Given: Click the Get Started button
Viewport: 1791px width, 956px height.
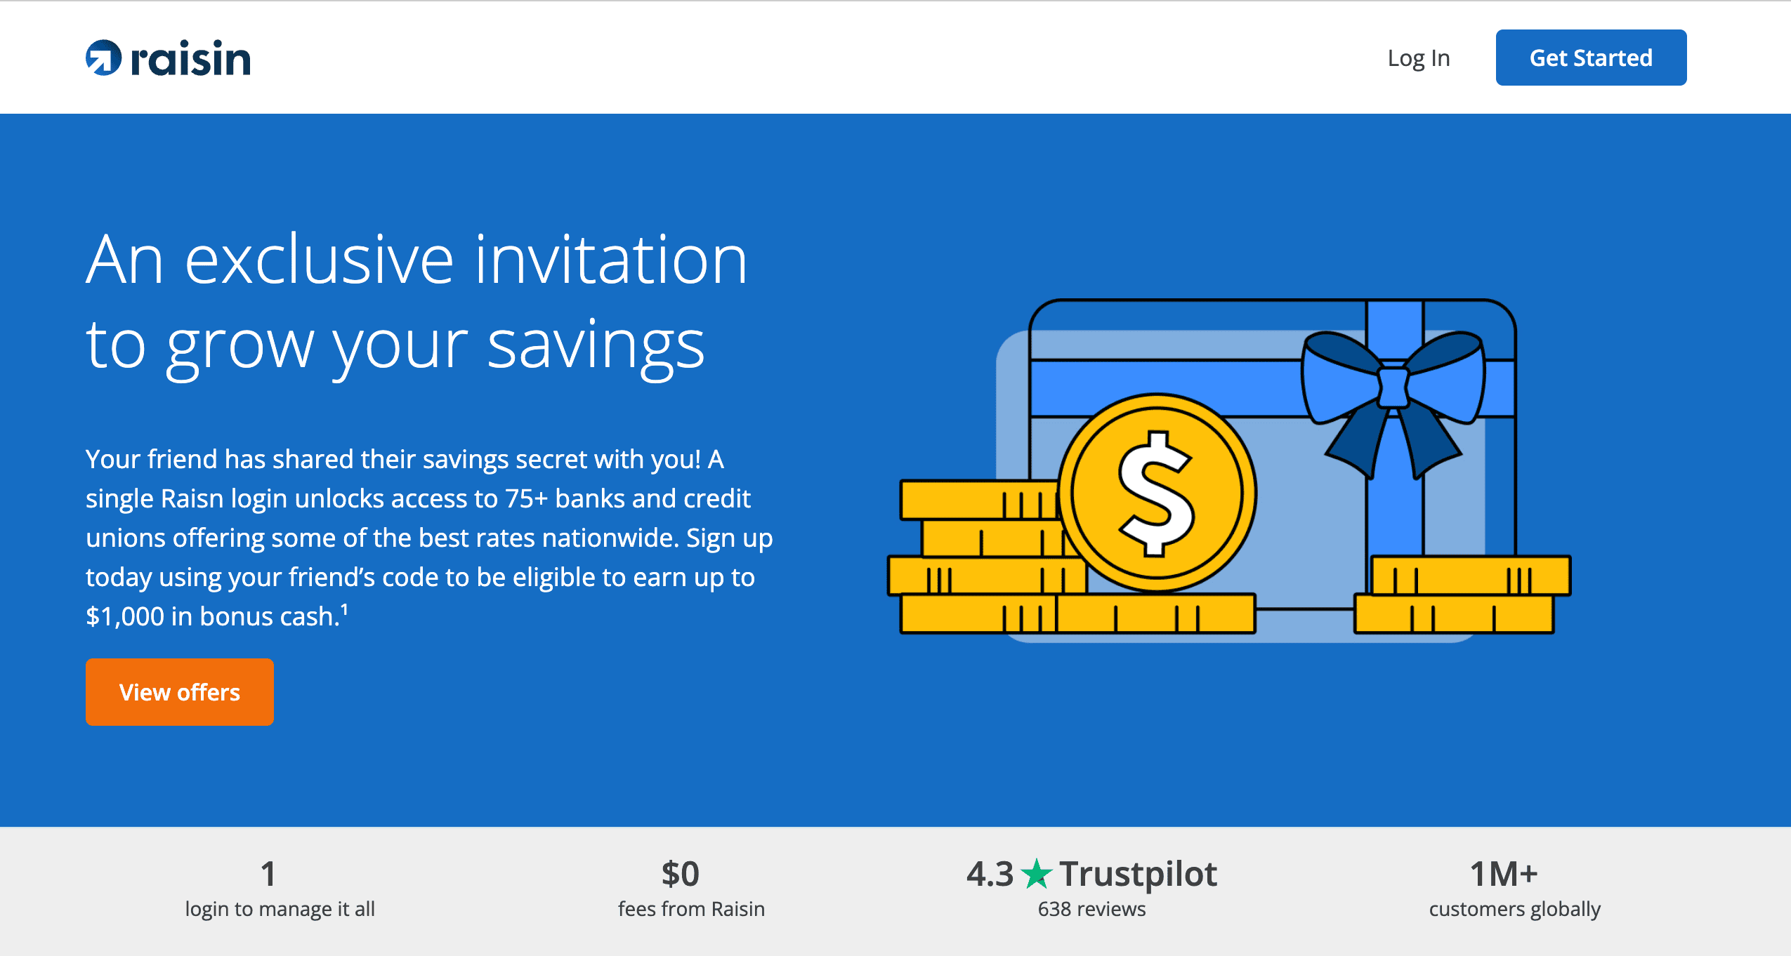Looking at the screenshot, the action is click(1591, 58).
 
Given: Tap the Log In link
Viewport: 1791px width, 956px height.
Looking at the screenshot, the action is click(1419, 58).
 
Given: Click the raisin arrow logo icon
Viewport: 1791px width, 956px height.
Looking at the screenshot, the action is click(103, 58).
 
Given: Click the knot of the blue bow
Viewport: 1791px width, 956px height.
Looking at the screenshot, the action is click(1393, 387).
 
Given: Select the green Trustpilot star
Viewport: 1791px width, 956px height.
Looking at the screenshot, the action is click(1036, 874).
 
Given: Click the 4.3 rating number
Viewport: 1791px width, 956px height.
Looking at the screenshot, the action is click(990, 874).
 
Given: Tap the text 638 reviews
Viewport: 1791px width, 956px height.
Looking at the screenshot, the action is click(1091, 909).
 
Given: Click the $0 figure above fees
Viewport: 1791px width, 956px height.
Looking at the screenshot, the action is click(680, 874).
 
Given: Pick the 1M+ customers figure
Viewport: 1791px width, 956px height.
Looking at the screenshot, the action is click(1504, 874).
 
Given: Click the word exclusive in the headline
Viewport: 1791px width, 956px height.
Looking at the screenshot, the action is click(320, 260).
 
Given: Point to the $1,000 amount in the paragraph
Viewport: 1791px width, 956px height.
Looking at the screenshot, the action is click(125, 616).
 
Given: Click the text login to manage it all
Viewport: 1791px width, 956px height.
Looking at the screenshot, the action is click(280, 909).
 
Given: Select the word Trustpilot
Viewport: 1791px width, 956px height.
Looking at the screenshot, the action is click(1138, 874).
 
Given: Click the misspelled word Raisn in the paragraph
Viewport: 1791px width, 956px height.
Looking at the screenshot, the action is click(192, 498).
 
